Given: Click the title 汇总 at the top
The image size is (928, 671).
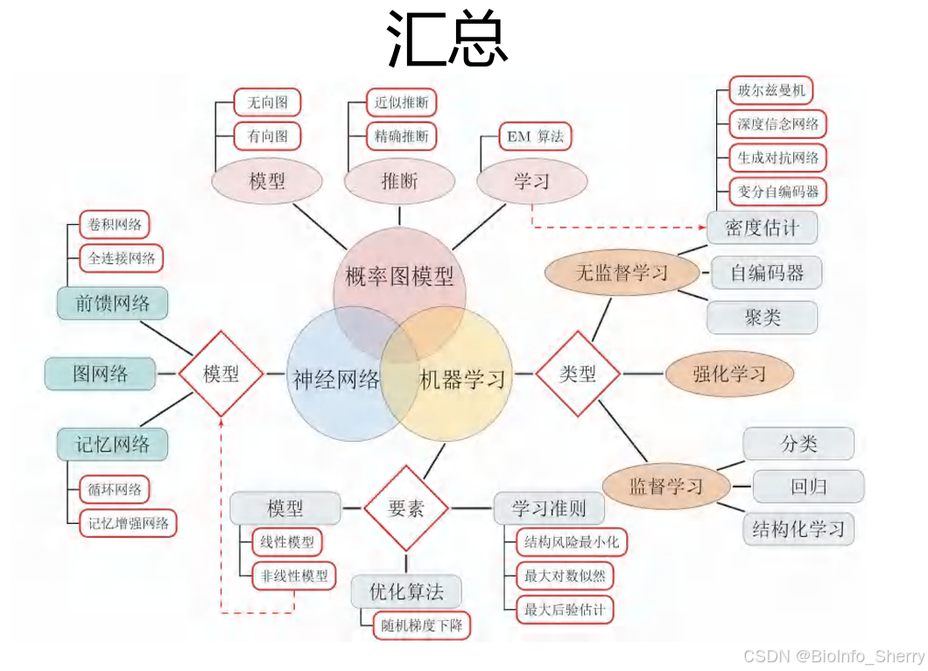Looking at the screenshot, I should point(447,40).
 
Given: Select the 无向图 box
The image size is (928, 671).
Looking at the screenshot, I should point(267,102).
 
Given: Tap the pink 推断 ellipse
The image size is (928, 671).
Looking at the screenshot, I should point(399,181).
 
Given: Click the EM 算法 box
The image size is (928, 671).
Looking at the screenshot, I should point(535,136).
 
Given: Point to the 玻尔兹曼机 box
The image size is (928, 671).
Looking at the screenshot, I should point(770,90).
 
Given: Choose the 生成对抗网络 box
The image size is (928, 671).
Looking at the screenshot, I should point(777,157).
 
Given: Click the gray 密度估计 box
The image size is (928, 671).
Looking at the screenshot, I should point(762,228).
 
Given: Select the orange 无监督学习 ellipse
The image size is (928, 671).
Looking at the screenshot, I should point(621,273).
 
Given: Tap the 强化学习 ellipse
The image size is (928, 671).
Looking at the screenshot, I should point(729,374).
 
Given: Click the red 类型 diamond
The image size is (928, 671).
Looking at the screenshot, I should point(577,374).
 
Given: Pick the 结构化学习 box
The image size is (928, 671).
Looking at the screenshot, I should point(798,528).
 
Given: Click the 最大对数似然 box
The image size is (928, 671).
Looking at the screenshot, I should point(565,576).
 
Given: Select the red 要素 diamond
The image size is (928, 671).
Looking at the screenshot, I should point(405,508).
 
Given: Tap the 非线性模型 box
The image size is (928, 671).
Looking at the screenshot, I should point(294,576).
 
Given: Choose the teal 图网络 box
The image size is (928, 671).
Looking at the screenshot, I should point(100,374).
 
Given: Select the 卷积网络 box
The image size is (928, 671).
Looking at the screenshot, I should point(114,225).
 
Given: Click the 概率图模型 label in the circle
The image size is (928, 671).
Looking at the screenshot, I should point(399,277).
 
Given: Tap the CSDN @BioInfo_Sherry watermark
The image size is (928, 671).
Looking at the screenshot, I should point(833,656).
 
